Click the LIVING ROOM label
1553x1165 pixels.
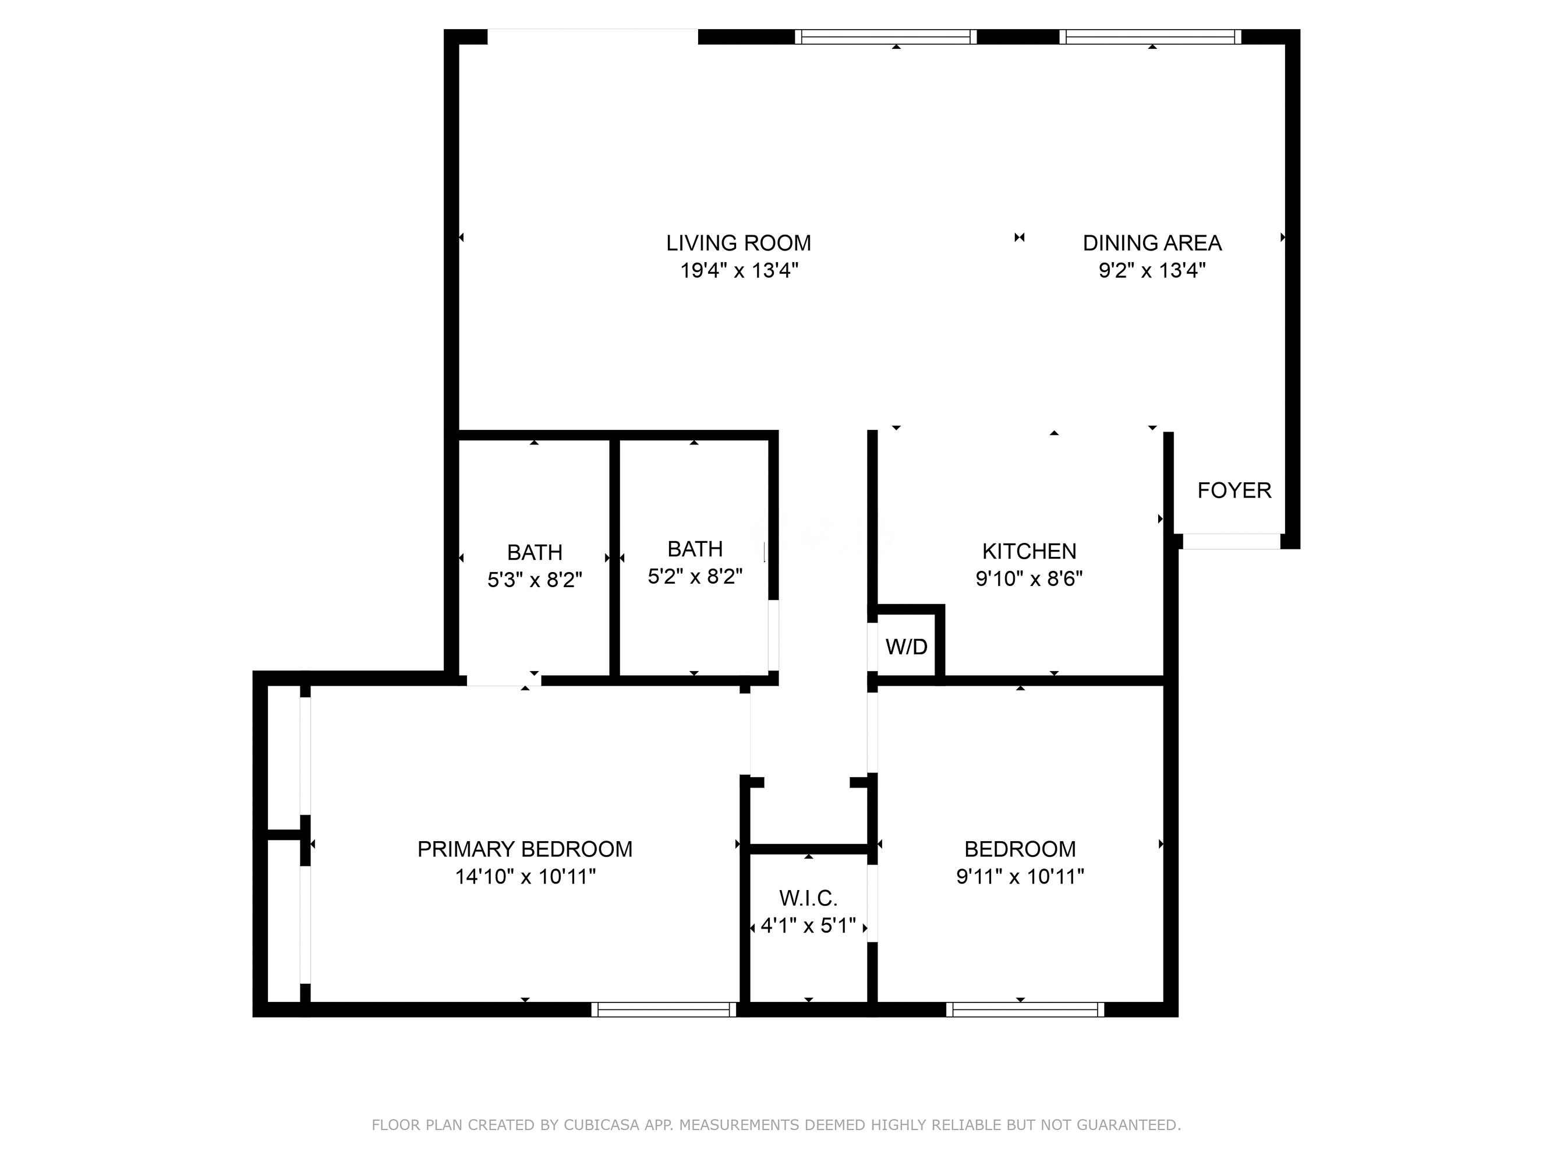tap(738, 243)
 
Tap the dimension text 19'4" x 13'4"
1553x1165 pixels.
tap(738, 270)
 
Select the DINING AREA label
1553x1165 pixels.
tap(1152, 243)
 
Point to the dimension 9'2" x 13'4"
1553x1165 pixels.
tap(1152, 270)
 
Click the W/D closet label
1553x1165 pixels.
tap(907, 647)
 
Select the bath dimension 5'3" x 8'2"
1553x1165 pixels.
tap(535, 580)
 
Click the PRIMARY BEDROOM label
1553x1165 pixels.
tap(525, 849)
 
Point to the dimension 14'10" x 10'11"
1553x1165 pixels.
tap(525, 877)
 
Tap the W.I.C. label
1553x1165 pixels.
tap(808, 898)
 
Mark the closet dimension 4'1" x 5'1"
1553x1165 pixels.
tap(808, 926)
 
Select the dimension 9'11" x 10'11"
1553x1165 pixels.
tap(1020, 877)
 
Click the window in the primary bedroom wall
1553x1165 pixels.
tap(663, 1009)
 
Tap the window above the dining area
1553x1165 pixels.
tap(1150, 37)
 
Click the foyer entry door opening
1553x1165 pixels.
tap(1232, 541)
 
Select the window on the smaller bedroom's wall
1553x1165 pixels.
tap(1024, 1009)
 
